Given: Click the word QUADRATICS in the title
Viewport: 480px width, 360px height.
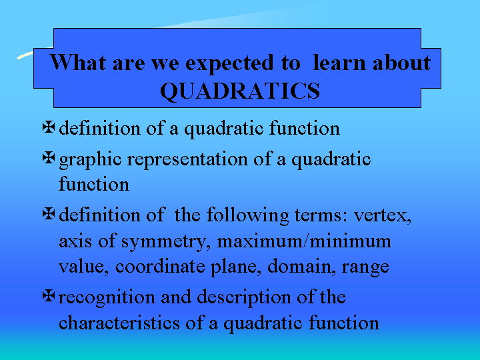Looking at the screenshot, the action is click(x=240, y=91).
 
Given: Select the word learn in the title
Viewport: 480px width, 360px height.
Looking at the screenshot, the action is click(x=339, y=62).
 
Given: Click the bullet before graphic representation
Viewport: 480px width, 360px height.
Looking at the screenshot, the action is click(x=49, y=157).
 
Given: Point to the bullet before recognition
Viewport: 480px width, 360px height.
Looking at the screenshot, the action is click(x=49, y=296).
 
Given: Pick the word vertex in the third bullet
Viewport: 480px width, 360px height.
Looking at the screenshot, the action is click(x=383, y=215).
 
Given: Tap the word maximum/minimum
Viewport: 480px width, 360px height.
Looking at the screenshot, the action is click(x=304, y=241).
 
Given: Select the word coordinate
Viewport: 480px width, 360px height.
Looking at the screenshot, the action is click(x=160, y=266).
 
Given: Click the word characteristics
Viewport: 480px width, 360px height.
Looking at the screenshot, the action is click(x=119, y=323).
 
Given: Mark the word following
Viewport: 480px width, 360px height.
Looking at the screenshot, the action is click(x=247, y=216).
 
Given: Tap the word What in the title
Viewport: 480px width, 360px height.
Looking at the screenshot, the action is click(x=78, y=62).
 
